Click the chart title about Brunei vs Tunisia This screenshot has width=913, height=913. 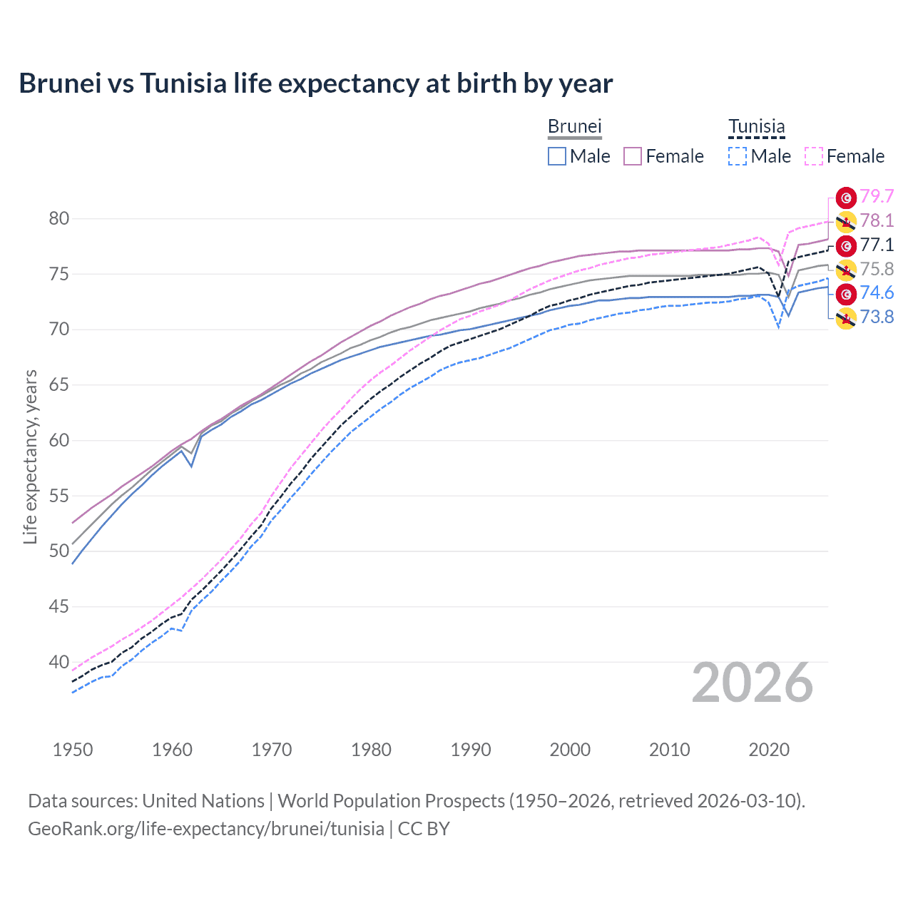315,83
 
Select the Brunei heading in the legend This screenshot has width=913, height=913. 574,126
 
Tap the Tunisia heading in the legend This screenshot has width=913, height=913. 756,126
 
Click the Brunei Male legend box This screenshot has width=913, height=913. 557,156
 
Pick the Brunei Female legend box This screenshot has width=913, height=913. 633,156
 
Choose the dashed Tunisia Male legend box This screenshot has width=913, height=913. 738,156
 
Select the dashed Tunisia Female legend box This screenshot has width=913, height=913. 814,156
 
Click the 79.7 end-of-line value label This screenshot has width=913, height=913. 877,196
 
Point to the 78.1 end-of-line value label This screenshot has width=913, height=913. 877,220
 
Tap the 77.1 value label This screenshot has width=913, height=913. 877,245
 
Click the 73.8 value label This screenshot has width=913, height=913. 877,317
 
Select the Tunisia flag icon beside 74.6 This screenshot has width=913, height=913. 846,293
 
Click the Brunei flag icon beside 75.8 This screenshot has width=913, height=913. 846,270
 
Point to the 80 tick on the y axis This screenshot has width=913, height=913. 59,218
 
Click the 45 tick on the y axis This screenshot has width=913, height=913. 59,606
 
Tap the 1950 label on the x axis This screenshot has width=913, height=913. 73,750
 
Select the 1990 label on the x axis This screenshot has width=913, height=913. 471,750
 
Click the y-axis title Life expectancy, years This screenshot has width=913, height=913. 30,456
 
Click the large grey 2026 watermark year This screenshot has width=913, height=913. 752,683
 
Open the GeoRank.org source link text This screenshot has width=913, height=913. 206,828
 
